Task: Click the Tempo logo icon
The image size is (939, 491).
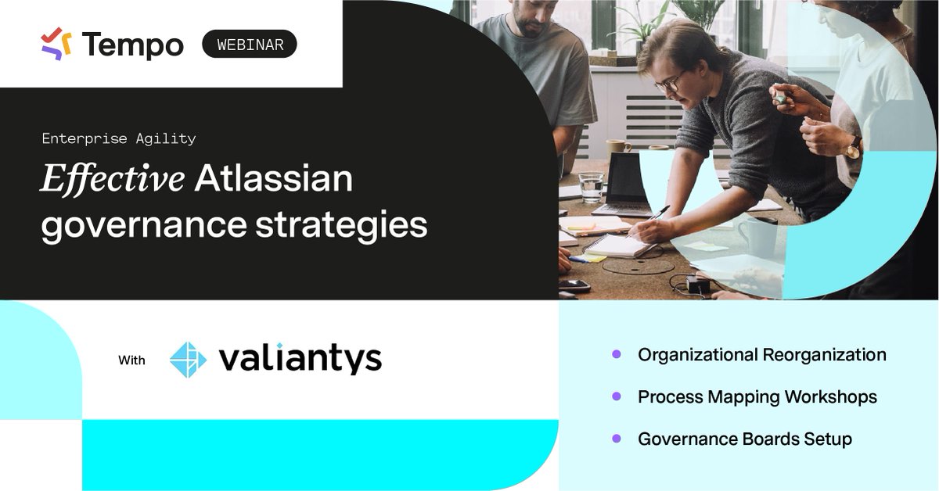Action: [x=56, y=44]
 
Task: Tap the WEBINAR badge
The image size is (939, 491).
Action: [x=250, y=45]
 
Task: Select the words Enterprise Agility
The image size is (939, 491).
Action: [x=119, y=138]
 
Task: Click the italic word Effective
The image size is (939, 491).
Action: [x=113, y=179]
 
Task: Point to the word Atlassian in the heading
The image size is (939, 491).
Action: [x=274, y=179]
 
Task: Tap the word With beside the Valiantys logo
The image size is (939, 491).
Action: [x=131, y=360]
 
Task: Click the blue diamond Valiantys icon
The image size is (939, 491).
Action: [x=189, y=360]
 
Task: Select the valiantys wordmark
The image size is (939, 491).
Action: [x=300, y=359]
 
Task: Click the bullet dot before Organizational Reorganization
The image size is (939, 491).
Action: [x=617, y=354]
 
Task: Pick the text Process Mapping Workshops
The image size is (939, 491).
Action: [x=757, y=396]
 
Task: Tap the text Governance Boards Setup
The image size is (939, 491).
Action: [x=744, y=439]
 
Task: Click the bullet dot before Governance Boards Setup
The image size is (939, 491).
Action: [x=617, y=439]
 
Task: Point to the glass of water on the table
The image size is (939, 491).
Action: [x=592, y=187]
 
